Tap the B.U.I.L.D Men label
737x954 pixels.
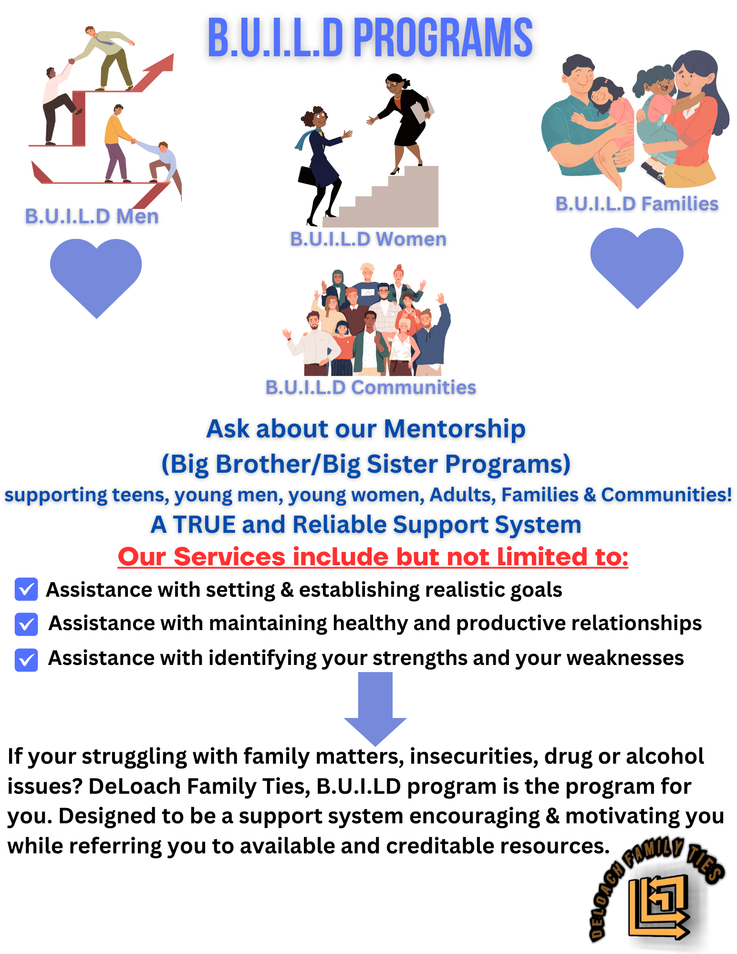point(92,217)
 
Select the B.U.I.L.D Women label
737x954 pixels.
point(368,239)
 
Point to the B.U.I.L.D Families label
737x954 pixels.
point(637,204)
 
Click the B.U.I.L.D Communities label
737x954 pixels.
point(371,387)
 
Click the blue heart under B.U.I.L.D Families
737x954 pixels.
point(637,265)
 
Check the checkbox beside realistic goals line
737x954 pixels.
point(26,589)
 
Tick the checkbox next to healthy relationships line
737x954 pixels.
point(26,624)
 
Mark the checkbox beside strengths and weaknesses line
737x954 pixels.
point(26,660)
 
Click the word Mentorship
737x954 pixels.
point(454,429)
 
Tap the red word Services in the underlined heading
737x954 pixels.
point(229,557)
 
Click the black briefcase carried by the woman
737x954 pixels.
point(307,175)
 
